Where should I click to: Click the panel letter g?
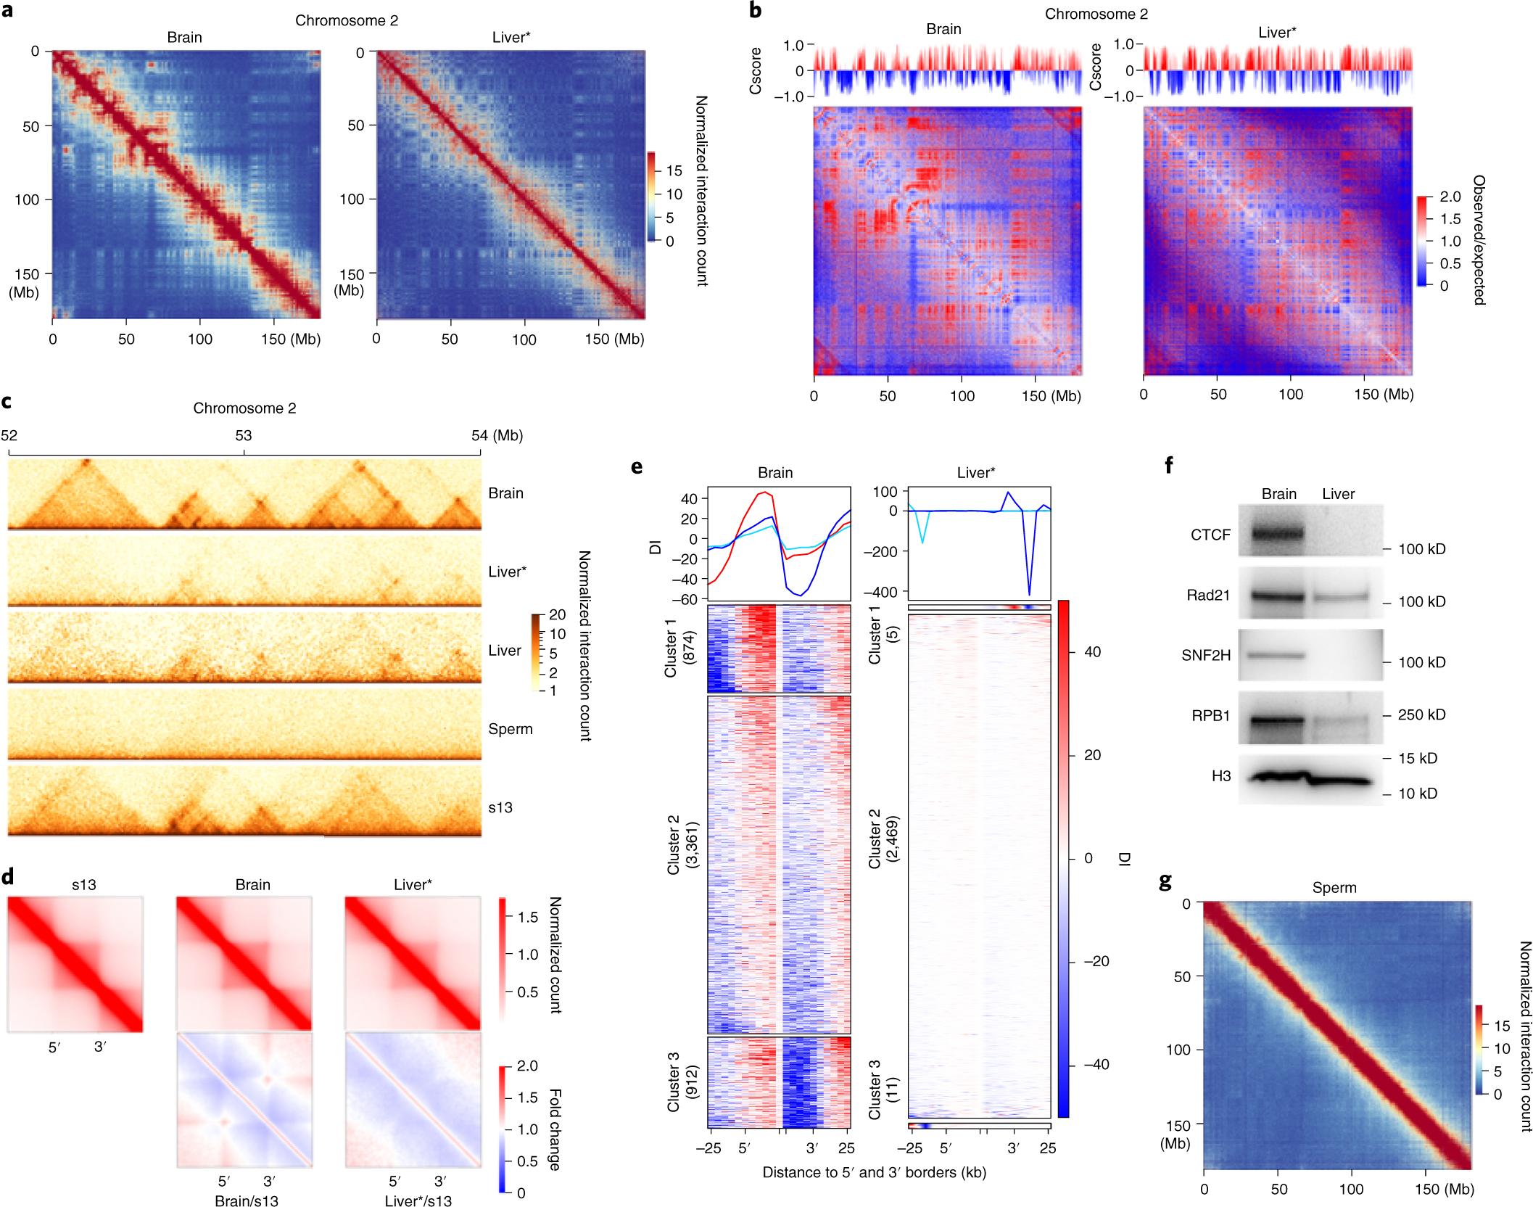1166,883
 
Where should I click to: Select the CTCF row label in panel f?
1210,535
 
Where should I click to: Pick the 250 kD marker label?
1421,714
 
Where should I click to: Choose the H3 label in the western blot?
1221,776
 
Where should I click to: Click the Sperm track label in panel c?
511,729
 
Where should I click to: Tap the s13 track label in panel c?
500,807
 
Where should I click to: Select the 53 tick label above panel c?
244,435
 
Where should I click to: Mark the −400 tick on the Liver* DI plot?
883,592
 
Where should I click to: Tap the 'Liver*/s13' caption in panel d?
418,1200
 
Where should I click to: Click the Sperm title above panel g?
1334,888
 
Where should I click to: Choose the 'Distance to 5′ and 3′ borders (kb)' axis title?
874,1172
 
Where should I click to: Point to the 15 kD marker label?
1418,758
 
